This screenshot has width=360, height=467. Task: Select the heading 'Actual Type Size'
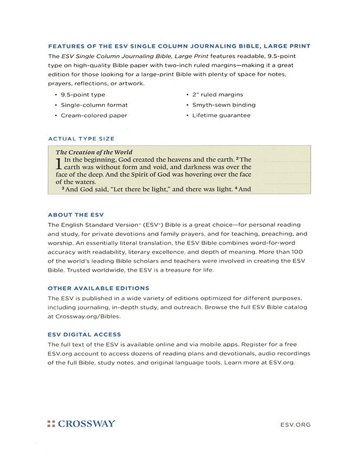81,139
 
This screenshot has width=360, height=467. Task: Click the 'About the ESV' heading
76,215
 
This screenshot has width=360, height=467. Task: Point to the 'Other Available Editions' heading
98,288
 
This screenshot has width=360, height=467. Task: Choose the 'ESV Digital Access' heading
84,334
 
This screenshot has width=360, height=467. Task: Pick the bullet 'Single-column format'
94,105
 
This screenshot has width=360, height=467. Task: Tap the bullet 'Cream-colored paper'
94,115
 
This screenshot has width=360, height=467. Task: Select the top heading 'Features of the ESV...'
179,46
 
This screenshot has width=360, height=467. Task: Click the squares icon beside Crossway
51,423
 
